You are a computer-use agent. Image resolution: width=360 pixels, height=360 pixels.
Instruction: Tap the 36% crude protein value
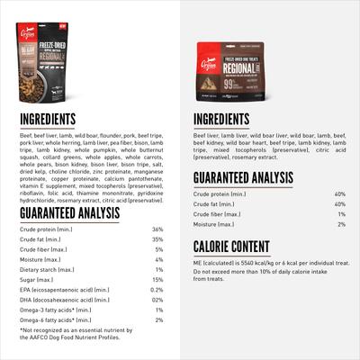(x=157, y=229)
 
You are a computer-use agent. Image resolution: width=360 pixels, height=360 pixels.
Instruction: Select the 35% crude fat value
(x=157, y=239)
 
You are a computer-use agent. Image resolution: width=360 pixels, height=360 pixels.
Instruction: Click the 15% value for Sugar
(x=157, y=280)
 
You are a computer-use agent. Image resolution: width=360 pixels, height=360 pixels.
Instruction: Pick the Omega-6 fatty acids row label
(x=50, y=319)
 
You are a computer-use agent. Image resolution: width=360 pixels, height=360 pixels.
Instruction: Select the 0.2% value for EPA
(x=157, y=290)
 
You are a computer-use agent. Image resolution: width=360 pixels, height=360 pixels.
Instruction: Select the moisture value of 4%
(x=159, y=259)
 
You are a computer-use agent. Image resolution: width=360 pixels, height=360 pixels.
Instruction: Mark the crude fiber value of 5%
(x=159, y=249)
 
